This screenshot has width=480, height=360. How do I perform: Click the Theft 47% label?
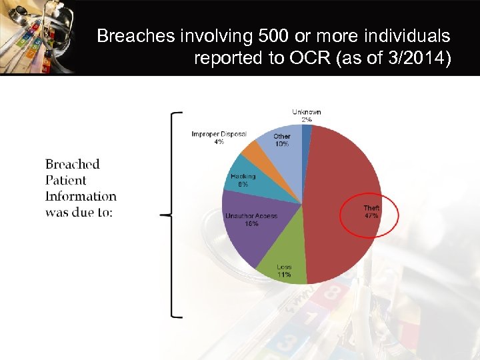pyautogui.click(x=371, y=212)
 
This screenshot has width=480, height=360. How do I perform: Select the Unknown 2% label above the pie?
pyautogui.click(x=306, y=115)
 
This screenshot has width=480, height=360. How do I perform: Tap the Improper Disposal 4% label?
pyautogui.click(x=219, y=138)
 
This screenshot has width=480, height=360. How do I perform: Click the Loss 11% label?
pyautogui.click(x=284, y=271)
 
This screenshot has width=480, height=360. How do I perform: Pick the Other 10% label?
pyautogui.click(x=282, y=140)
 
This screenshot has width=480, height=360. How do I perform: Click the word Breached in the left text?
pyautogui.click(x=72, y=164)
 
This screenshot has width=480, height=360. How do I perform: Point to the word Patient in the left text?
pyautogui.click(x=66, y=180)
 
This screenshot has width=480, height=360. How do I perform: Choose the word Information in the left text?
pyautogui.click(x=81, y=197)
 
